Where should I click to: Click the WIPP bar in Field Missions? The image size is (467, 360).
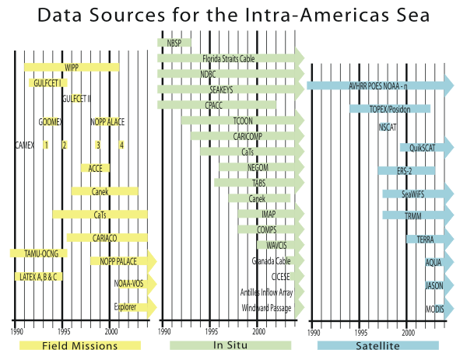click(x=72, y=68)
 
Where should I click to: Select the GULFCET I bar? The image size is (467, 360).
click(x=48, y=83)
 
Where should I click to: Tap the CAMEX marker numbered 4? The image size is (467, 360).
click(x=121, y=145)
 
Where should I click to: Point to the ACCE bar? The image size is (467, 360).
click(x=95, y=168)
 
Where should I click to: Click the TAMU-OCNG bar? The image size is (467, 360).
click(x=38, y=253)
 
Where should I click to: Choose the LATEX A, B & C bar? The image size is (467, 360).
click(x=38, y=277)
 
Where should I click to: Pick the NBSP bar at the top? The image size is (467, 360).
click(x=174, y=42)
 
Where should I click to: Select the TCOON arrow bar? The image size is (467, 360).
click(x=242, y=121)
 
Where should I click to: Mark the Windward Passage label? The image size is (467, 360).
click(x=266, y=309)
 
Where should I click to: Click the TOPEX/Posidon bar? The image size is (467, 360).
click(x=390, y=109)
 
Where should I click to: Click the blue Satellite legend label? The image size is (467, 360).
click(x=378, y=345)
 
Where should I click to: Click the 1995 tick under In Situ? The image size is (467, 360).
click(x=210, y=332)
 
